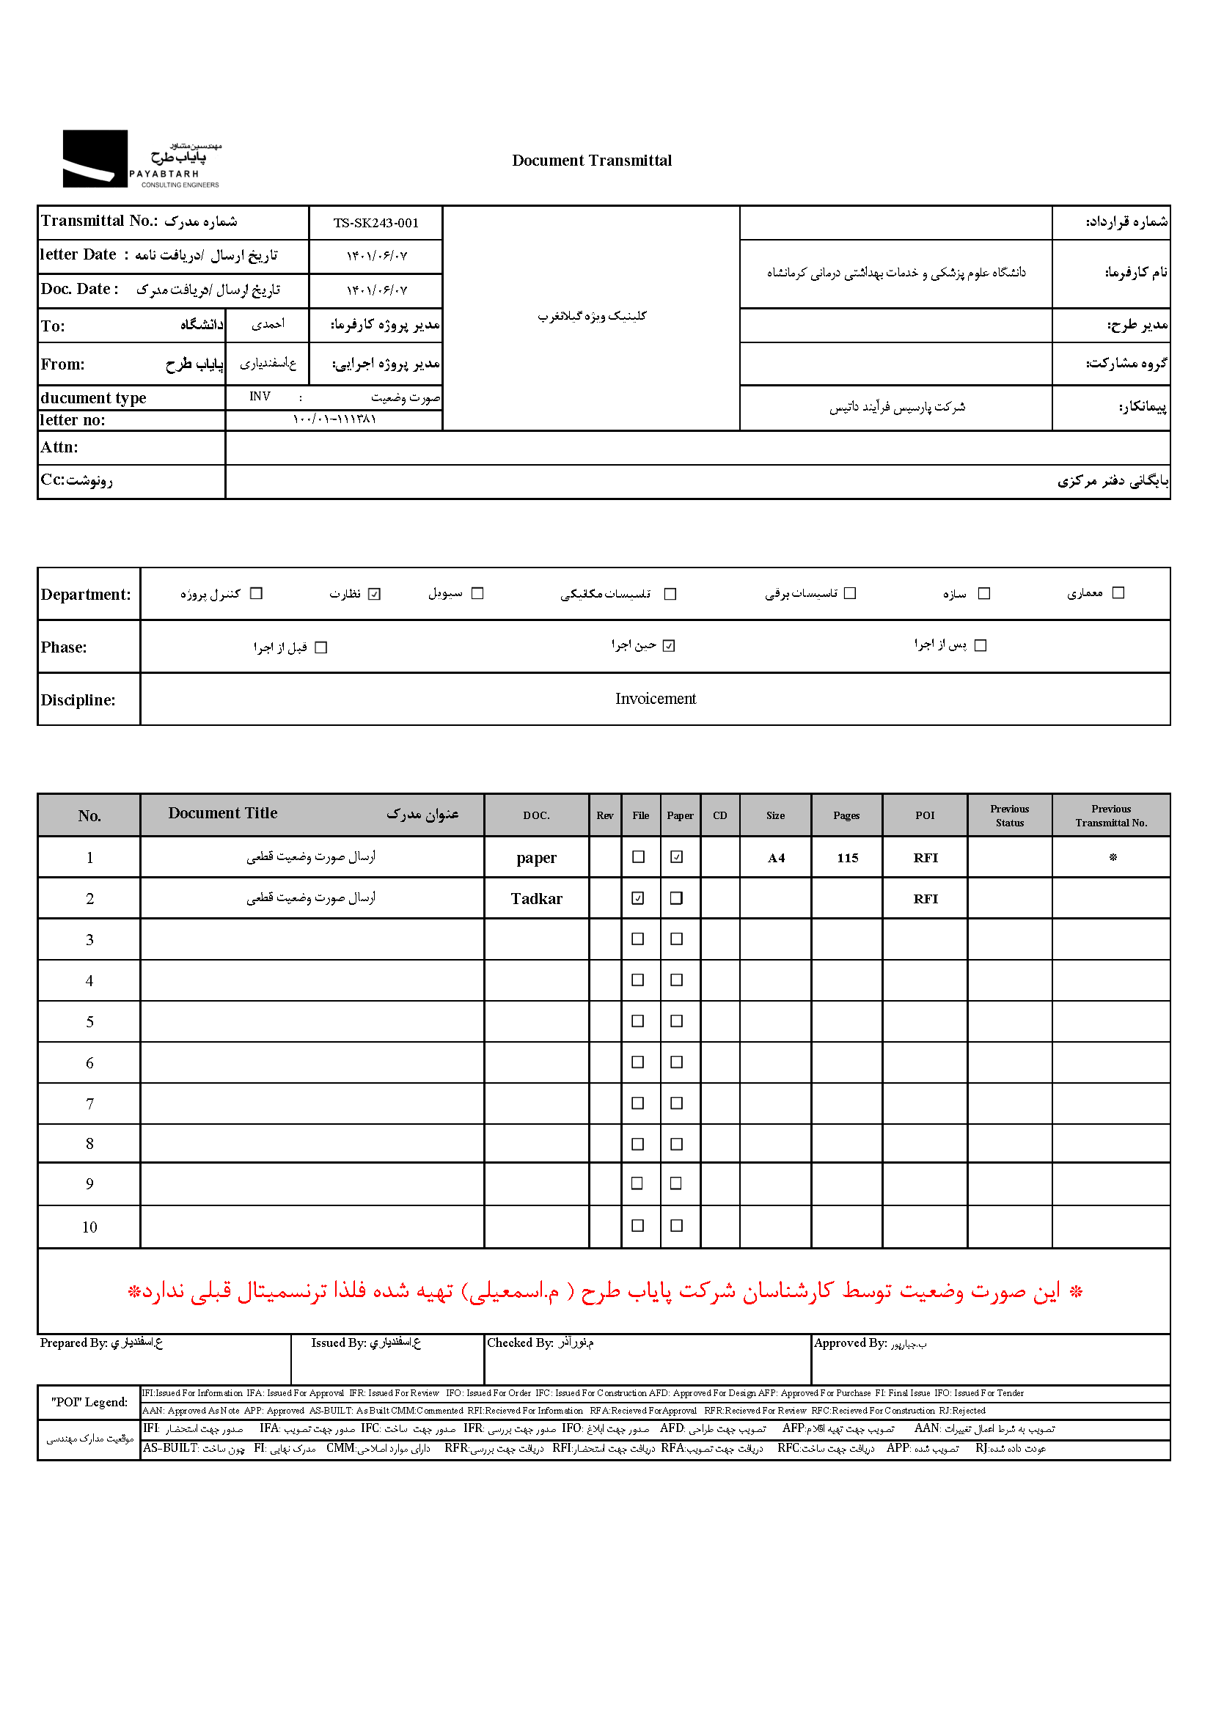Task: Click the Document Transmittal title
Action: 592,161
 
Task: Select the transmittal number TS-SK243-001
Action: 375,224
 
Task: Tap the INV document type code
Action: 260,397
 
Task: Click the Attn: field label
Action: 59,447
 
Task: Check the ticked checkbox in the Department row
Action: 375,594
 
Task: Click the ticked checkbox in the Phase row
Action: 670,646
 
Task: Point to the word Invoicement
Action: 655,699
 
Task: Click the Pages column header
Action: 846,815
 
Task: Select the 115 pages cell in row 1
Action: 847,859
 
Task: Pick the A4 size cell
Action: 776,859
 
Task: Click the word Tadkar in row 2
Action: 536,900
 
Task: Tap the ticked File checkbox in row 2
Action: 638,899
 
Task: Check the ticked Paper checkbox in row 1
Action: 677,858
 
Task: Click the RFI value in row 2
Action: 926,900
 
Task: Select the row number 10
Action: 89,1227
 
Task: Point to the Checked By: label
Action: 521,1343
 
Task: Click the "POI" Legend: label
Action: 89,1402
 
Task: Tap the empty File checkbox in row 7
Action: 638,1103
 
